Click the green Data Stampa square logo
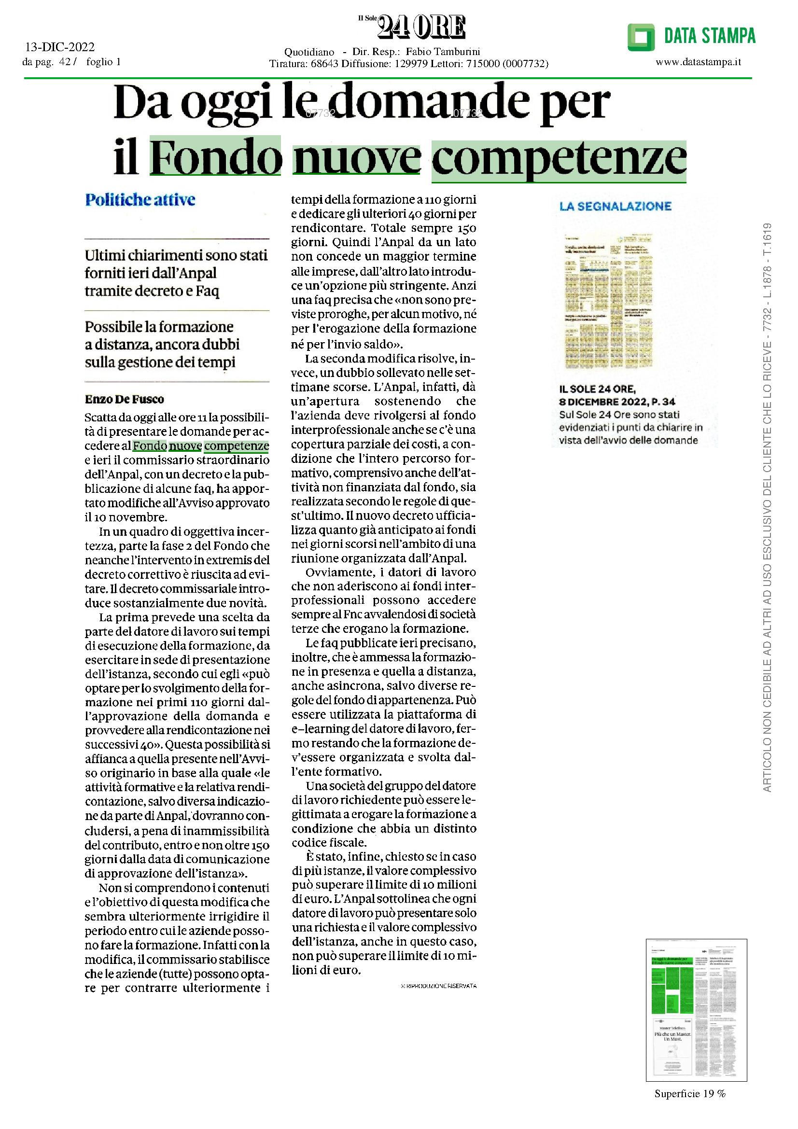tap(641, 37)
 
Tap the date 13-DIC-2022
tap(60, 47)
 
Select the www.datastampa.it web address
tap(698, 62)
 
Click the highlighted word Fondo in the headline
tap(215, 158)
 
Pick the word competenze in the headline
tap(559, 158)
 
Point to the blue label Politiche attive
tap(140, 200)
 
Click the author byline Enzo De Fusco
tap(125, 399)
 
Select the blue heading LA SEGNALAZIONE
tap(615, 206)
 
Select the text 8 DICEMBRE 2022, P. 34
tap(617, 402)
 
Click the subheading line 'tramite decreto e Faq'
tap(152, 292)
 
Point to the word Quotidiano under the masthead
tap(309, 52)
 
